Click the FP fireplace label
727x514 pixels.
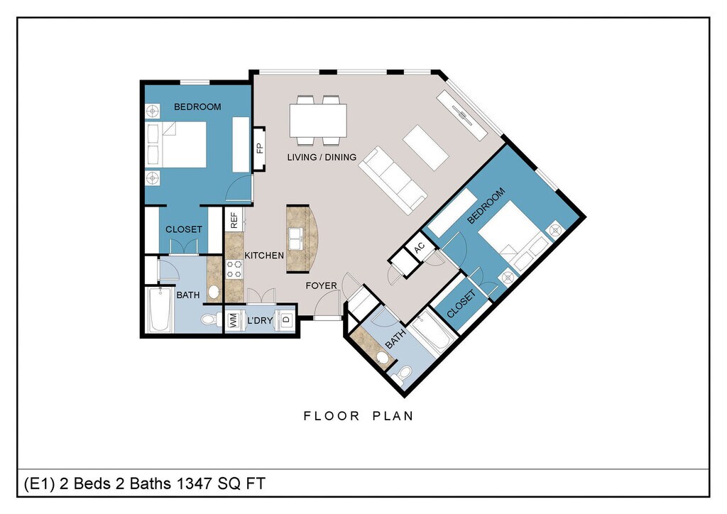(260, 148)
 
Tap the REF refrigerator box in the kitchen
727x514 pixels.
(234, 219)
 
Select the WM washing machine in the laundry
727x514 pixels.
(233, 319)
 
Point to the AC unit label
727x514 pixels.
(419, 248)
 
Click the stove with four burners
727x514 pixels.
(234, 269)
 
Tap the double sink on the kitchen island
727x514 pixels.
(297, 239)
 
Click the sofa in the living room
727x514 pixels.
(393, 180)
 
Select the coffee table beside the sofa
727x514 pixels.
(426, 148)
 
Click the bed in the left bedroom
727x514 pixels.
(176, 145)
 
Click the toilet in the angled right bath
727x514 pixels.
(403, 374)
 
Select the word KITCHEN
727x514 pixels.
(264, 256)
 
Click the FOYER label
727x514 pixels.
(321, 285)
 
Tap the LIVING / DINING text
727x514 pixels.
(322, 157)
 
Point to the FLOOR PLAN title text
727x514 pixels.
(359, 416)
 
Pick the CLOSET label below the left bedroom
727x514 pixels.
(184, 229)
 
